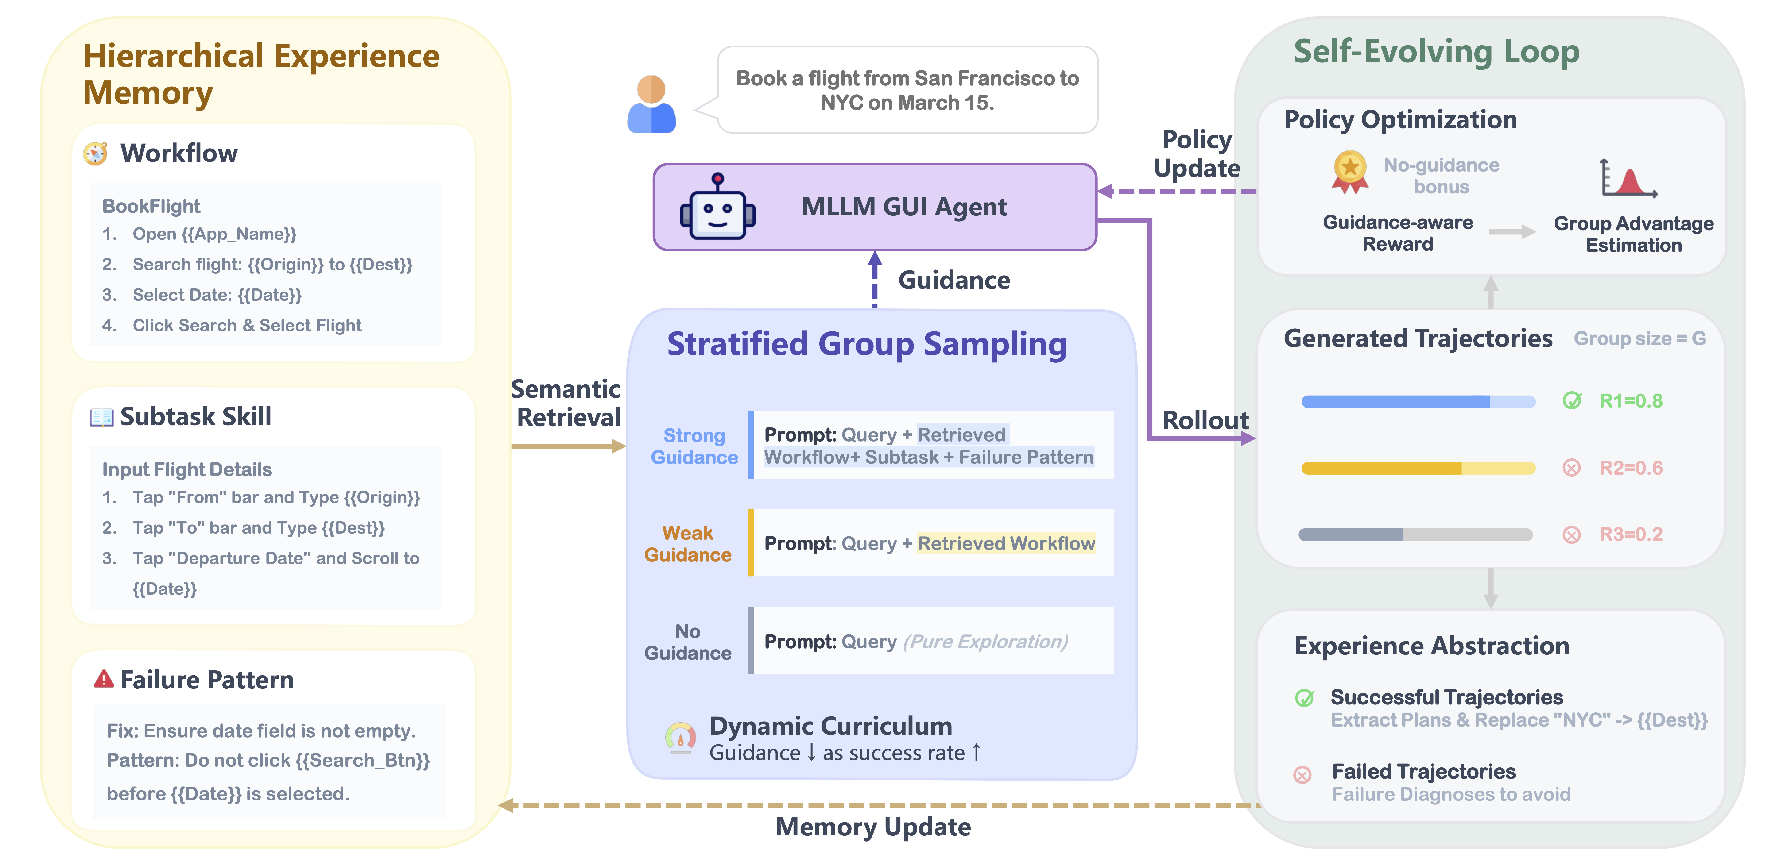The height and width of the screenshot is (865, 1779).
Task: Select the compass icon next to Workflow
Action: [96, 153]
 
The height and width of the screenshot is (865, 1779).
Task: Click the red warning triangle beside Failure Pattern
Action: [104, 679]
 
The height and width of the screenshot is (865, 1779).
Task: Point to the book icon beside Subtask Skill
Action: [101, 417]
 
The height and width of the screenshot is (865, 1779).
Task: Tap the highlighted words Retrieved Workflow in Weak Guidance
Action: [1006, 544]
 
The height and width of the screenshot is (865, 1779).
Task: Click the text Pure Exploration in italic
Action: [985, 642]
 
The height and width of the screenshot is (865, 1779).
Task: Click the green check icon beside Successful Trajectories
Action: [1304, 698]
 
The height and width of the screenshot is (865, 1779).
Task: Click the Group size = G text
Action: [1639, 339]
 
